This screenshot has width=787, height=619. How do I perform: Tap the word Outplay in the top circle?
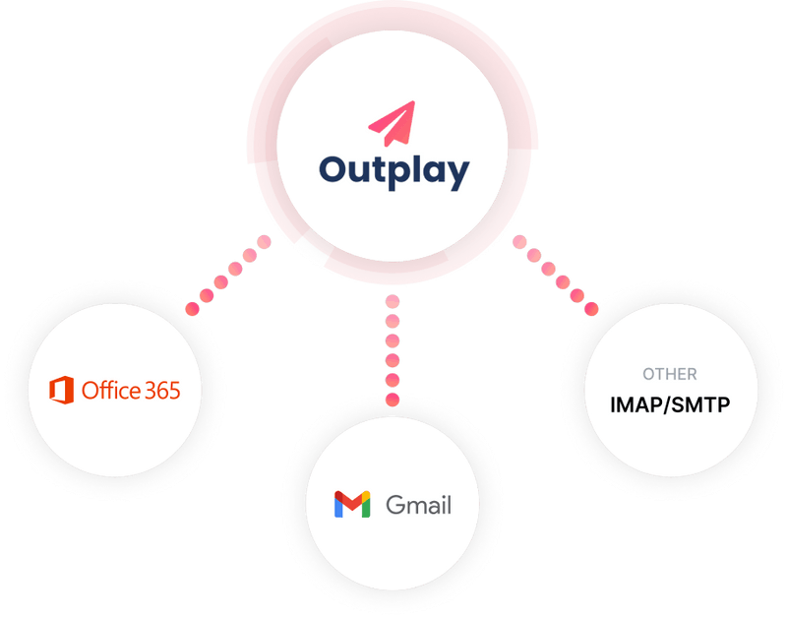coord(393,170)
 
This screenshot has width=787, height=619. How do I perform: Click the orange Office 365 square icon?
coord(62,390)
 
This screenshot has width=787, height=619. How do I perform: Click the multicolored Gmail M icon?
coord(352,504)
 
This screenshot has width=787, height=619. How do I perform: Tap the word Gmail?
coord(419,505)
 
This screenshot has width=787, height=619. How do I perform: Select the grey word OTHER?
coord(670,374)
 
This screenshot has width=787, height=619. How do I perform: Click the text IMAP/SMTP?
coord(670,402)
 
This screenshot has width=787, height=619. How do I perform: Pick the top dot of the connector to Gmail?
coord(393,300)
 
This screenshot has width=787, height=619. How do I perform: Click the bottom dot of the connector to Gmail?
coord(393,400)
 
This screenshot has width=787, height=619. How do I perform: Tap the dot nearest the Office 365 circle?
coord(193,308)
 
